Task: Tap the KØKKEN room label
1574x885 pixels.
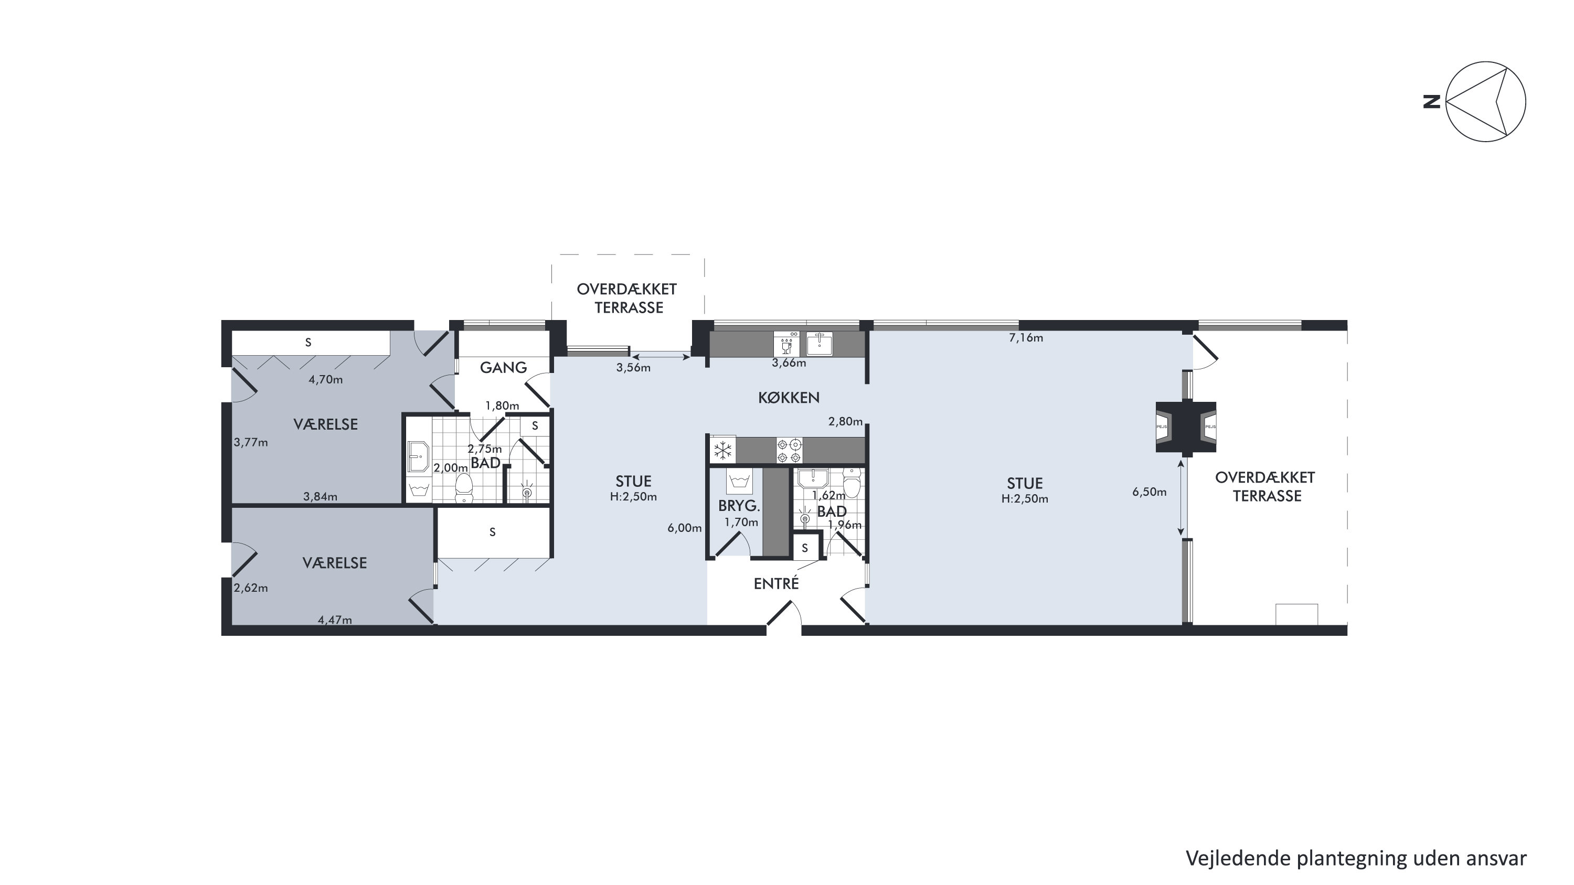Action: pyautogui.click(x=789, y=398)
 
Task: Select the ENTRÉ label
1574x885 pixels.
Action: pyautogui.click(x=776, y=583)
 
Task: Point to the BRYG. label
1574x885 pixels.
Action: pyautogui.click(x=739, y=506)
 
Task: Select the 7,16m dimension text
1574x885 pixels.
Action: pyautogui.click(x=1025, y=338)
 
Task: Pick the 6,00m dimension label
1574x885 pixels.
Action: pyautogui.click(x=684, y=528)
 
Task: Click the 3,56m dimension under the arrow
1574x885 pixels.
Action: pyautogui.click(x=633, y=368)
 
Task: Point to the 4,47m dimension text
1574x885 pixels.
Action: pyautogui.click(x=334, y=620)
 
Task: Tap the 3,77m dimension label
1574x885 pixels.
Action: pyautogui.click(x=250, y=442)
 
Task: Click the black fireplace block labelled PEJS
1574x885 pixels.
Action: pyautogui.click(x=1185, y=427)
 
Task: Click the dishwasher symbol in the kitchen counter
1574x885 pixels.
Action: pyautogui.click(x=786, y=343)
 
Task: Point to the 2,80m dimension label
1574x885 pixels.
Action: pyautogui.click(x=845, y=421)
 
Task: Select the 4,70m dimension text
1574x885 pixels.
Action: pyautogui.click(x=325, y=379)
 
